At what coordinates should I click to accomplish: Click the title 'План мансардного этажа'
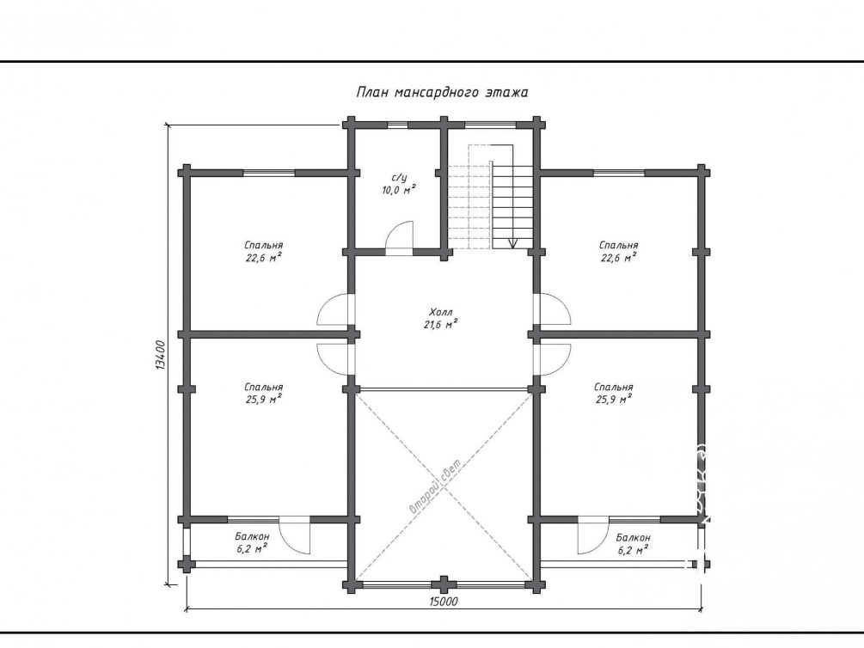pos(442,92)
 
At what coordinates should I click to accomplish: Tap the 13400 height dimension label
pos(160,355)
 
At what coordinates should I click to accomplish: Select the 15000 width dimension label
pos(443,602)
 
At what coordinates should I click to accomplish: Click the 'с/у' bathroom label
pos(399,178)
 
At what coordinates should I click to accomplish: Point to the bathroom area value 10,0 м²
pos(399,190)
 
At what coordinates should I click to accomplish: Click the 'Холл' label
pos(441,313)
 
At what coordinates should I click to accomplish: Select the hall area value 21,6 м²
pos(441,325)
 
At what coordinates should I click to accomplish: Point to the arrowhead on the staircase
pos(513,243)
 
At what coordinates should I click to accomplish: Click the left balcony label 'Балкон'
pos(252,536)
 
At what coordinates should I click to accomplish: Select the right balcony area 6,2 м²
pos(633,549)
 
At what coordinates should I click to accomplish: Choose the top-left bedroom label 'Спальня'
pos(264,245)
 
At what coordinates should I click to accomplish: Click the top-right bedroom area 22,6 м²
pos(619,257)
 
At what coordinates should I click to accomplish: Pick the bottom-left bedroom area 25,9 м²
pos(264,400)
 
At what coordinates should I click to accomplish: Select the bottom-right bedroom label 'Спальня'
pos(614,388)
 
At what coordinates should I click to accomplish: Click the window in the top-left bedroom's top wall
pos(269,173)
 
